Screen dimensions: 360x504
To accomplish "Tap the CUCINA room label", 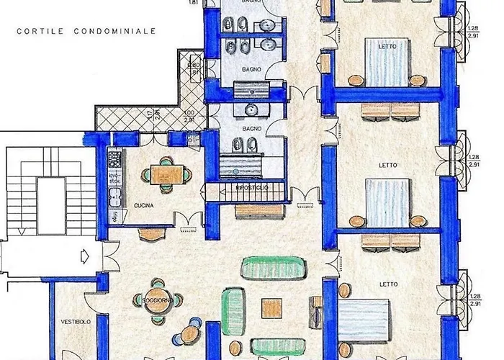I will click(143, 206).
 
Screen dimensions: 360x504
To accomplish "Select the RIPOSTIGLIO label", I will click(252, 188).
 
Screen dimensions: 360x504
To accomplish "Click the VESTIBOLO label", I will click(75, 322).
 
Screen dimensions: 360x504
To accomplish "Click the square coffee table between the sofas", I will click(271, 306).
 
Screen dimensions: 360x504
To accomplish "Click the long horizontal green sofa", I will click(271, 267).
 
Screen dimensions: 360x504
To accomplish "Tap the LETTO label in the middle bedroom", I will click(387, 165).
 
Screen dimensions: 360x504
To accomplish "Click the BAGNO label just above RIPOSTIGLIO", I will click(251, 129).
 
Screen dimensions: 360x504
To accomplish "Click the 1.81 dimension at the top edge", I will click(194, 3).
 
